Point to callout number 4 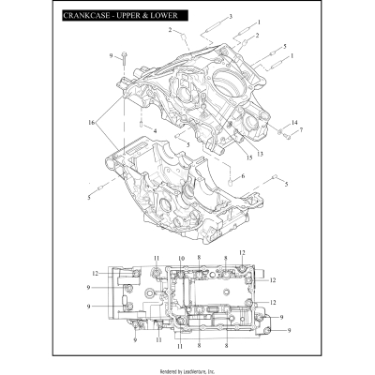tap(154, 128)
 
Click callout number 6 tap(243, 176)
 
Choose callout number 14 tap(293, 123)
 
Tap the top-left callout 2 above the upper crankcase tap(171, 31)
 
